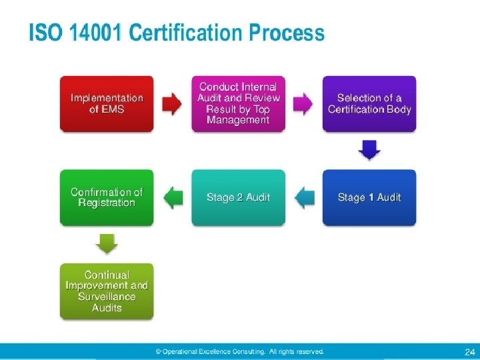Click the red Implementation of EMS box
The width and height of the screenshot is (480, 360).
(107, 103)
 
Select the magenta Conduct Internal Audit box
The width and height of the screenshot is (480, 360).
(238, 103)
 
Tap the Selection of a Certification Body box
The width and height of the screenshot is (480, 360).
(369, 103)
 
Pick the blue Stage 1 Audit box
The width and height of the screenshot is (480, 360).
(369, 197)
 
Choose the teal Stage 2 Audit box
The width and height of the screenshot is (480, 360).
(238, 197)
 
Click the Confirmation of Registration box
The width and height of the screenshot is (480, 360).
(107, 197)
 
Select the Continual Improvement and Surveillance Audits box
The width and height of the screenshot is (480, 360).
(107, 291)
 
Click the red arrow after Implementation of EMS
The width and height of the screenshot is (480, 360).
(172, 103)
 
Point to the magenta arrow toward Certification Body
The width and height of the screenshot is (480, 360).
(303, 103)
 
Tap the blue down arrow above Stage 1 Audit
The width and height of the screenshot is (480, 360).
(369, 150)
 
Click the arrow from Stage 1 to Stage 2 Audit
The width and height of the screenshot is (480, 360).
(304, 197)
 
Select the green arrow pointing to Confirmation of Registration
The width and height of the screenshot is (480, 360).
(173, 197)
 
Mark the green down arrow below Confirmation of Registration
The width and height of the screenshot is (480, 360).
(107, 243)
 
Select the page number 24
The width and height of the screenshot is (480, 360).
(468, 351)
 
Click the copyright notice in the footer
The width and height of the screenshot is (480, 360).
(239, 351)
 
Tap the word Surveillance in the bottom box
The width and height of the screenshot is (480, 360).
(107, 297)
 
